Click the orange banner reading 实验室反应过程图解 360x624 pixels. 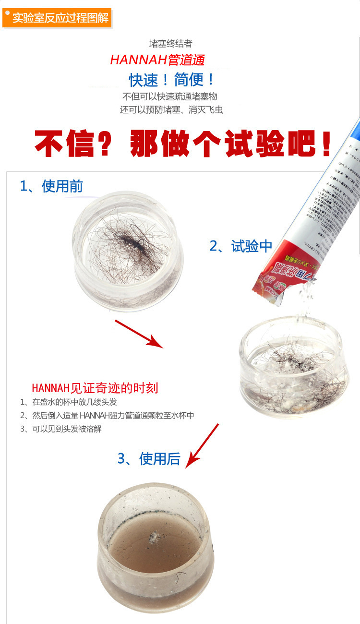[58, 19]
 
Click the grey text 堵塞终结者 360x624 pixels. [171, 44]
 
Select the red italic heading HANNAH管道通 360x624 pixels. [157, 60]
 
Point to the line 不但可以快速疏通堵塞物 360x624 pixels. [171, 96]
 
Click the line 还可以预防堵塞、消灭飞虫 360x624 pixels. [171, 110]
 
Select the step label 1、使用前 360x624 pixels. [51, 186]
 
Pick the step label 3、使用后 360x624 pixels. [149, 459]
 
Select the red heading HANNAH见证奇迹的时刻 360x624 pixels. [95, 388]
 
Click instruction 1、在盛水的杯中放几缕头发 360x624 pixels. [68, 402]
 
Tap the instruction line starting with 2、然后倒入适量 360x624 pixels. [107, 416]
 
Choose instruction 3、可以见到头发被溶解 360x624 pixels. [61, 429]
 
